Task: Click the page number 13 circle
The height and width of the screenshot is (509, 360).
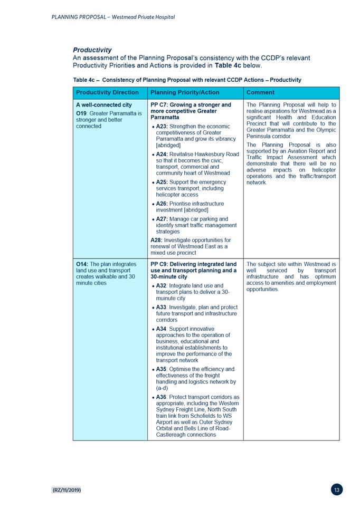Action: (337, 490)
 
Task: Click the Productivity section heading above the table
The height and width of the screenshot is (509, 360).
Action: (92, 50)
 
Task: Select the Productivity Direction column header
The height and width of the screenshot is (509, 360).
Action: (107, 92)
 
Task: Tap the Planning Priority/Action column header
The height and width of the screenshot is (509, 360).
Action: (185, 92)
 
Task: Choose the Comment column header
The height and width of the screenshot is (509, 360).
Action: (260, 92)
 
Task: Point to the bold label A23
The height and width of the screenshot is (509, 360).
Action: (162, 127)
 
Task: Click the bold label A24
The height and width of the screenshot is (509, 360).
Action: (162, 155)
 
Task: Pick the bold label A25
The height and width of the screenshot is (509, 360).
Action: (162, 182)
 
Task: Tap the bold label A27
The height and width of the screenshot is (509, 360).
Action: (162, 219)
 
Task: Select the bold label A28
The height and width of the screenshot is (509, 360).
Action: (156, 241)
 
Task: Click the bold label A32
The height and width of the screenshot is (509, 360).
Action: (162, 286)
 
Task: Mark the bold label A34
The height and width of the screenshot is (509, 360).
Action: (162, 329)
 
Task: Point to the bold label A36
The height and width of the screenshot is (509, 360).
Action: (162, 397)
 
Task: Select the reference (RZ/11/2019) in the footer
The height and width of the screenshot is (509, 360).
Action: (67, 491)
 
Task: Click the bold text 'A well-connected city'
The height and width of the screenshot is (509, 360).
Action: (104, 105)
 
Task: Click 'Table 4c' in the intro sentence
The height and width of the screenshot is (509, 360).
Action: (228, 65)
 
